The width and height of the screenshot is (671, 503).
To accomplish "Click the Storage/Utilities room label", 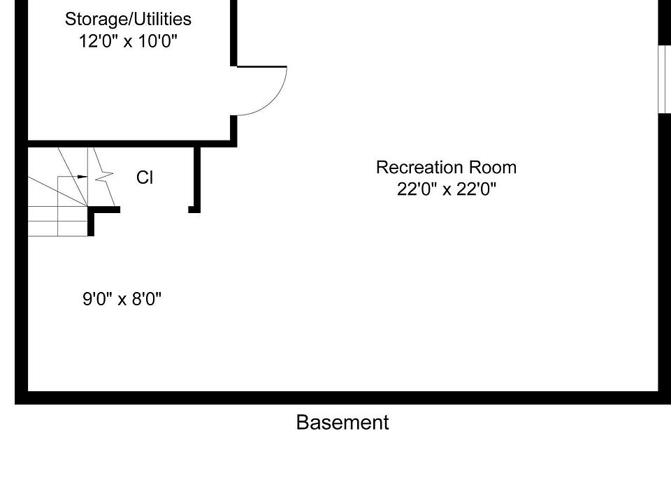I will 128,19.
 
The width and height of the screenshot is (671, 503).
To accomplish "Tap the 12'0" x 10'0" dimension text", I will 128,41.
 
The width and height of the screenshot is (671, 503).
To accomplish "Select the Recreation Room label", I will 446,168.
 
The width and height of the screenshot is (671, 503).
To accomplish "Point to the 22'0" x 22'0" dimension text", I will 446,190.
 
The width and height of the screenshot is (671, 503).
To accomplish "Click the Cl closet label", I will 145,178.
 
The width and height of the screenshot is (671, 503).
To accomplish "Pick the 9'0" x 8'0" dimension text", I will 122,300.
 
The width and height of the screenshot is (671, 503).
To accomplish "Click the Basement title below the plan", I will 342,423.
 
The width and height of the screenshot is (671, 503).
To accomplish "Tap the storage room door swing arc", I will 276,98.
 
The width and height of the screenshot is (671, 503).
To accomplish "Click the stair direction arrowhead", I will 83,177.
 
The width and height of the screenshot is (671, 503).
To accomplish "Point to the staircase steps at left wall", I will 56,203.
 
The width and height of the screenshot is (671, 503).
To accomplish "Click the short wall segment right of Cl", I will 196,178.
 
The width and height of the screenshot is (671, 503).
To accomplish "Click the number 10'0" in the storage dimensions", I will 158,41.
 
